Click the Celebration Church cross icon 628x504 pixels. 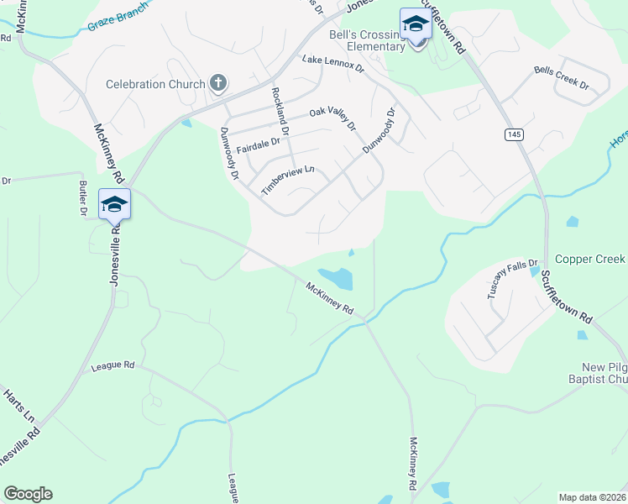pyautogui.click(x=217, y=82)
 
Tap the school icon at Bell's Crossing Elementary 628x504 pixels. pyautogui.click(x=415, y=24)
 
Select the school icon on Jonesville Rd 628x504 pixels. pyautogui.click(x=114, y=204)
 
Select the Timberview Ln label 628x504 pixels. pyautogui.click(x=287, y=180)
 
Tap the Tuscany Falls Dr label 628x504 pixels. pyautogui.click(x=505, y=280)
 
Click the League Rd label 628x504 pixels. pyautogui.click(x=113, y=366)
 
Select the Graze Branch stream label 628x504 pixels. pyautogui.click(x=118, y=18)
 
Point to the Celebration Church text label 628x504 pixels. pyautogui.click(x=155, y=84)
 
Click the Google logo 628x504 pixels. pyautogui.click(x=28, y=494)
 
